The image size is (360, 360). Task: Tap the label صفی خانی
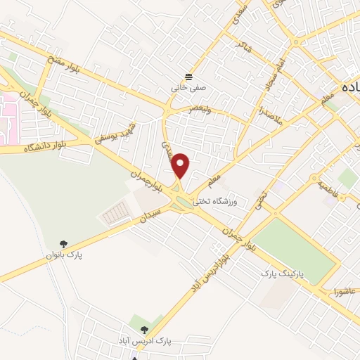187,89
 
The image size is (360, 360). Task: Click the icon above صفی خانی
188,77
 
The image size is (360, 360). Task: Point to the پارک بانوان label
65,256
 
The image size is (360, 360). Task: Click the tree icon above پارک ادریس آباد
144,329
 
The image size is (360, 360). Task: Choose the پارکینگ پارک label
284,271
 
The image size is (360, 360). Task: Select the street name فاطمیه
328,188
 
